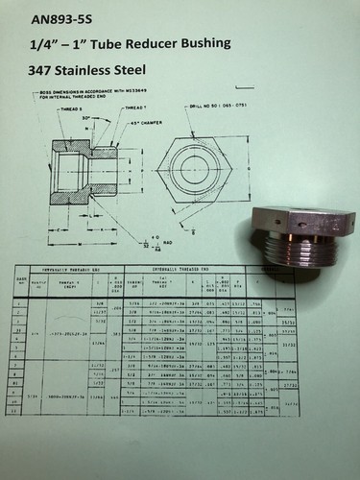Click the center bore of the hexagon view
coord(198,180)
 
